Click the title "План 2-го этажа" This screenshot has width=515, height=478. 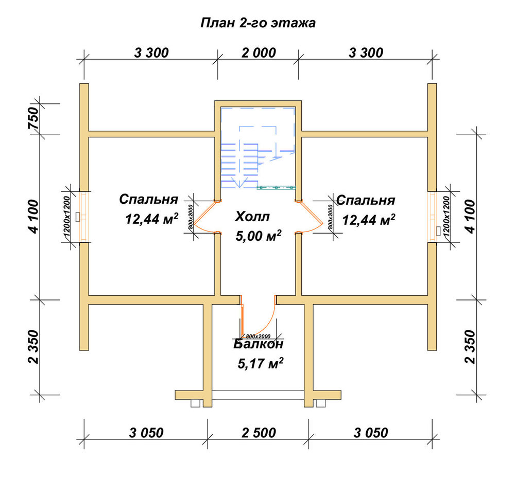click(x=258, y=23)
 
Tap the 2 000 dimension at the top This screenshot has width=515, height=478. click(x=259, y=53)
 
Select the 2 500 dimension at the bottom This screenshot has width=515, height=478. click(x=259, y=433)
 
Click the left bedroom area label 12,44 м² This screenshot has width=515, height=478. click(x=152, y=219)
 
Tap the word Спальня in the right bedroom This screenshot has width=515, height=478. click(x=366, y=200)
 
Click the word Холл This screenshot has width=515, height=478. click(x=252, y=217)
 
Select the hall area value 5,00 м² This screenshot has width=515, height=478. click(x=259, y=236)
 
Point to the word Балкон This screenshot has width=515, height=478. click(x=258, y=344)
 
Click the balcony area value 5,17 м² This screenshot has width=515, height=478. click(x=261, y=363)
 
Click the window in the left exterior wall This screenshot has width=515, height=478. click(x=84, y=217)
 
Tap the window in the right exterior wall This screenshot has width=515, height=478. click(x=432, y=217)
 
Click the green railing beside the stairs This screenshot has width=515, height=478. click(x=276, y=188)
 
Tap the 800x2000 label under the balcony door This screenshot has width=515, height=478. click(x=258, y=337)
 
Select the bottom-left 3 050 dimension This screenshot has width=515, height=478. click(x=146, y=433)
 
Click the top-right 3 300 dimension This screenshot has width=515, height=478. click(x=366, y=53)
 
